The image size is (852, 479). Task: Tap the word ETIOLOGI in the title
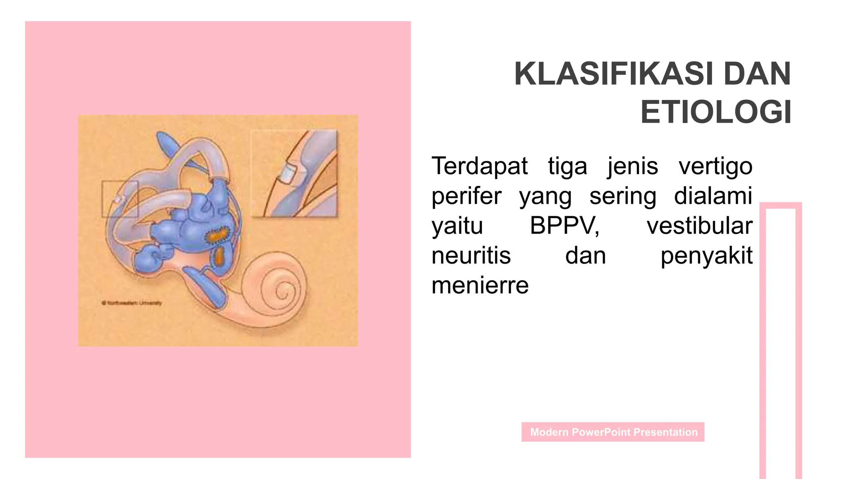(x=716, y=112)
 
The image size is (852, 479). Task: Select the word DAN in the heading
(x=757, y=74)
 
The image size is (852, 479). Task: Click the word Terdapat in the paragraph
(x=480, y=166)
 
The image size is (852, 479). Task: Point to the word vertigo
(x=716, y=167)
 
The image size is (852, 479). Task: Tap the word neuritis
(x=471, y=255)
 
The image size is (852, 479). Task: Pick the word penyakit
(x=706, y=256)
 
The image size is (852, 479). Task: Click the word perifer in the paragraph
(x=466, y=196)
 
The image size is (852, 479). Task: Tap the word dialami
(x=713, y=196)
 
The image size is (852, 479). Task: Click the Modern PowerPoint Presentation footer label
(x=613, y=432)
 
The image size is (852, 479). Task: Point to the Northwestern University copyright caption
(x=132, y=303)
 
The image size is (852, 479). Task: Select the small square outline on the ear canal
(x=120, y=199)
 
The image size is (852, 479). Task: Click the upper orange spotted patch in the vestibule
(x=217, y=235)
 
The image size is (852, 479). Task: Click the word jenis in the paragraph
(x=632, y=166)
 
